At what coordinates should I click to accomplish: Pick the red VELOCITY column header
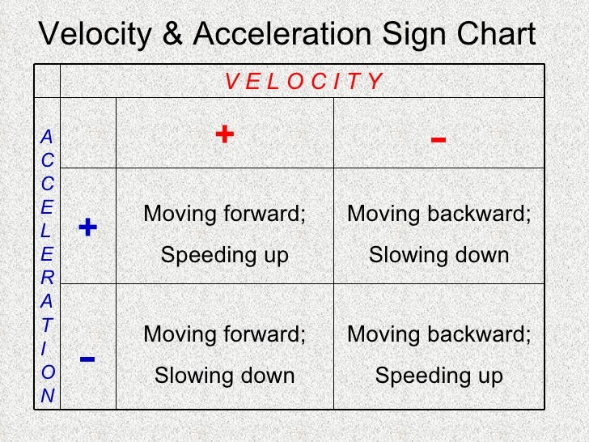pos(303,81)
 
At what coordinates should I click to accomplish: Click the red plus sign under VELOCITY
pos(224,134)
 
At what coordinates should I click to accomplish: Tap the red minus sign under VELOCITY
pos(438,139)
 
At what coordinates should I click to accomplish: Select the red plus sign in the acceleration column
pos(88,227)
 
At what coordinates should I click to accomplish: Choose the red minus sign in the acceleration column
pos(88,357)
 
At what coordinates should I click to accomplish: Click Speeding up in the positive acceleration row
pos(224,256)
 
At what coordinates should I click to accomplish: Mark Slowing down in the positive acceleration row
pos(439,256)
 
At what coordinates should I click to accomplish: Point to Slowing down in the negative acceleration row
pos(224,376)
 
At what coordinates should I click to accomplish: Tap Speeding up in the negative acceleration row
pos(439,376)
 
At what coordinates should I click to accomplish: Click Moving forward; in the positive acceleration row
pos(224,215)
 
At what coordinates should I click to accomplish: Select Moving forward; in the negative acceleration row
pos(224,334)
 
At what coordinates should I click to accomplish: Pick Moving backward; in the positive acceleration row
pos(439,215)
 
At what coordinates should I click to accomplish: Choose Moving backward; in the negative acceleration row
pos(439,334)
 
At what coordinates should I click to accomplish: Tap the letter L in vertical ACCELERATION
pos(47,231)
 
